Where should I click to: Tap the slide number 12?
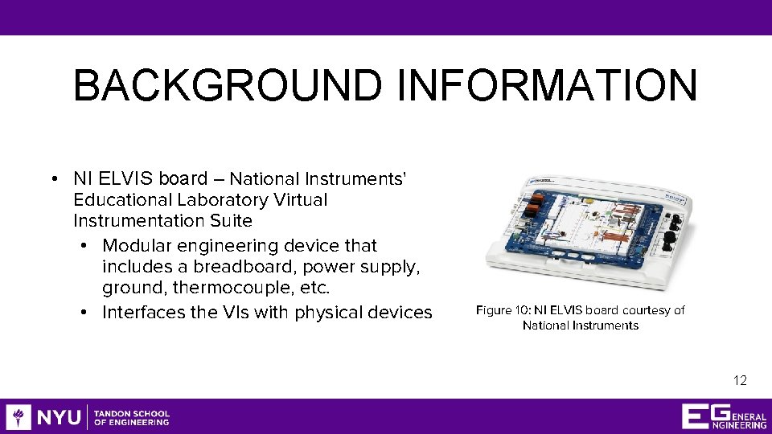(740, 380)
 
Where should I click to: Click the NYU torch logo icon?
(18, 417)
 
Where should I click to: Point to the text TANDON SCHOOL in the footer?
(132, 413)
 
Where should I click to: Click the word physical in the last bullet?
(329, 312)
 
